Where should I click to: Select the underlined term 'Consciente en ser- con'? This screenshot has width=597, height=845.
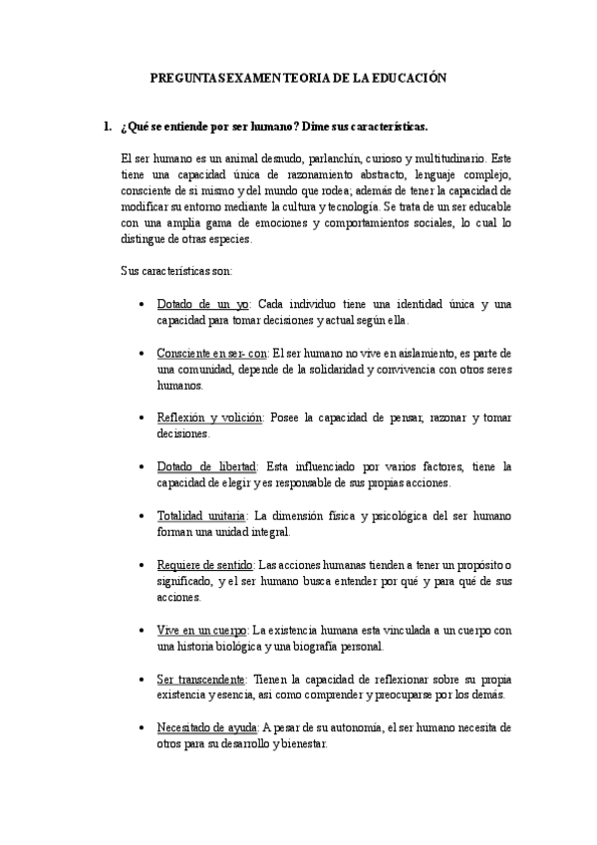(x=212, y=353)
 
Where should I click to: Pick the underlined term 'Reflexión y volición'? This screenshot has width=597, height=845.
(x=209, y=418)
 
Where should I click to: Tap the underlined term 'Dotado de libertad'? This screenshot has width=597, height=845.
(x=206, y=466)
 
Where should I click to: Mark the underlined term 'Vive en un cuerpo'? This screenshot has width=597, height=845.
(x=202, y=630)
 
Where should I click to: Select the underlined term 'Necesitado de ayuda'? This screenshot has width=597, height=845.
(x=206, y=727)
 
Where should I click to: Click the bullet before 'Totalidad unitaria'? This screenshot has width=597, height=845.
(x=144, y=516)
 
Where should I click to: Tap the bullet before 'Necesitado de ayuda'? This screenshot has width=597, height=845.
(x=144, y=728)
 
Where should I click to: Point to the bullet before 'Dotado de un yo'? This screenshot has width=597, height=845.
(x=144, y=305)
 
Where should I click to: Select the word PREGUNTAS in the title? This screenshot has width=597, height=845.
(x=179, y=76)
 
